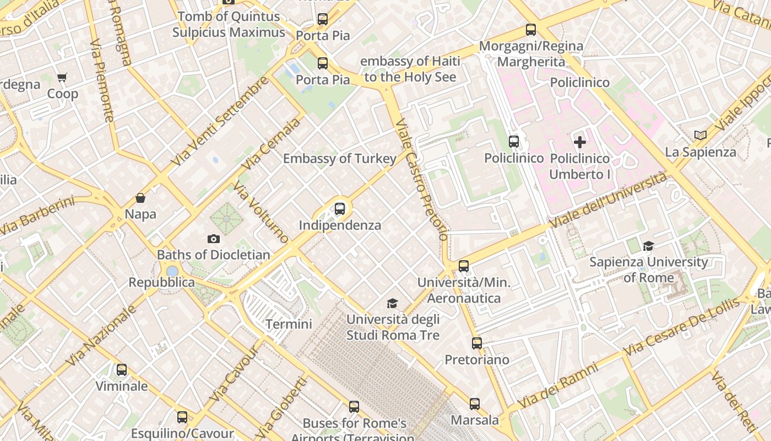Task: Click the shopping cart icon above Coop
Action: click(x=62, y=78)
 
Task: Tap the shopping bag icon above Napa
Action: click(x=140, y=198)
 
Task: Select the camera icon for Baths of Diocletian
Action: click(x=214, y=239)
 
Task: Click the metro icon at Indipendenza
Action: click(x=340, y=209)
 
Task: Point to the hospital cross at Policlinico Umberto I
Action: click(x=580, y=142)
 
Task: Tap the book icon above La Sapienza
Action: click(x=700, y=135)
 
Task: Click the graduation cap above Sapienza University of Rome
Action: click(x=648, y=246)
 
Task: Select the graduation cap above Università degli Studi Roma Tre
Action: click(x=392, y=304)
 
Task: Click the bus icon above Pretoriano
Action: click(x=477, y=343)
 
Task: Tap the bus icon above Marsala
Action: click(x=475, y=404)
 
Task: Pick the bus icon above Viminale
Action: click(x=122, y=370)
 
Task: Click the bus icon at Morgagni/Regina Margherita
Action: click(x=531, y=30)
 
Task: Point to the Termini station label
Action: click(x=289, y=324)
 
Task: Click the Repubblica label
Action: click(x=161, y=282)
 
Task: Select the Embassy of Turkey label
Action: click(x=339, y=159)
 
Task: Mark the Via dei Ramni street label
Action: click(x=557, y=385)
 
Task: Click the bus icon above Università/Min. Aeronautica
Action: click(x=464, y=266)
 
